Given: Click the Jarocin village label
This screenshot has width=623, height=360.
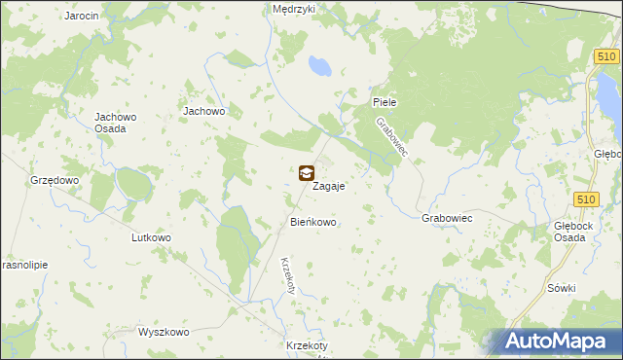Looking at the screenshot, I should pos(82,17).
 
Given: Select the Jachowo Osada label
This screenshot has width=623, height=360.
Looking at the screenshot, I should pos(115,124).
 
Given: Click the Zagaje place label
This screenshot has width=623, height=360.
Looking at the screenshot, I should pos(330,185).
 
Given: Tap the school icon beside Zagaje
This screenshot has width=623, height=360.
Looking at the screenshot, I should pos(307,173).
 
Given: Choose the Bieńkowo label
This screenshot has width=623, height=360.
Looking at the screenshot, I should pos(312,223).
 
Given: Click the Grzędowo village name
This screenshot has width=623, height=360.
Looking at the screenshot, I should pos(54,181).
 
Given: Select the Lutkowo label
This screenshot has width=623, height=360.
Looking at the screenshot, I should pos(151,237).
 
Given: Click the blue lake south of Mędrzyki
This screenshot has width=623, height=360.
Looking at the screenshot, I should pos(317,66).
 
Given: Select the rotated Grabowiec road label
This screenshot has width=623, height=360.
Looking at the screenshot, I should pos(393,138).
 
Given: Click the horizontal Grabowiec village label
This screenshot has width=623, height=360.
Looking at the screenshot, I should pos(447,219).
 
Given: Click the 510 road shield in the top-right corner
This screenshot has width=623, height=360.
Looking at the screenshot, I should pos(605,59).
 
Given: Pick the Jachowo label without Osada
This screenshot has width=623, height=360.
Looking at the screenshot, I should pos(204,112).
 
